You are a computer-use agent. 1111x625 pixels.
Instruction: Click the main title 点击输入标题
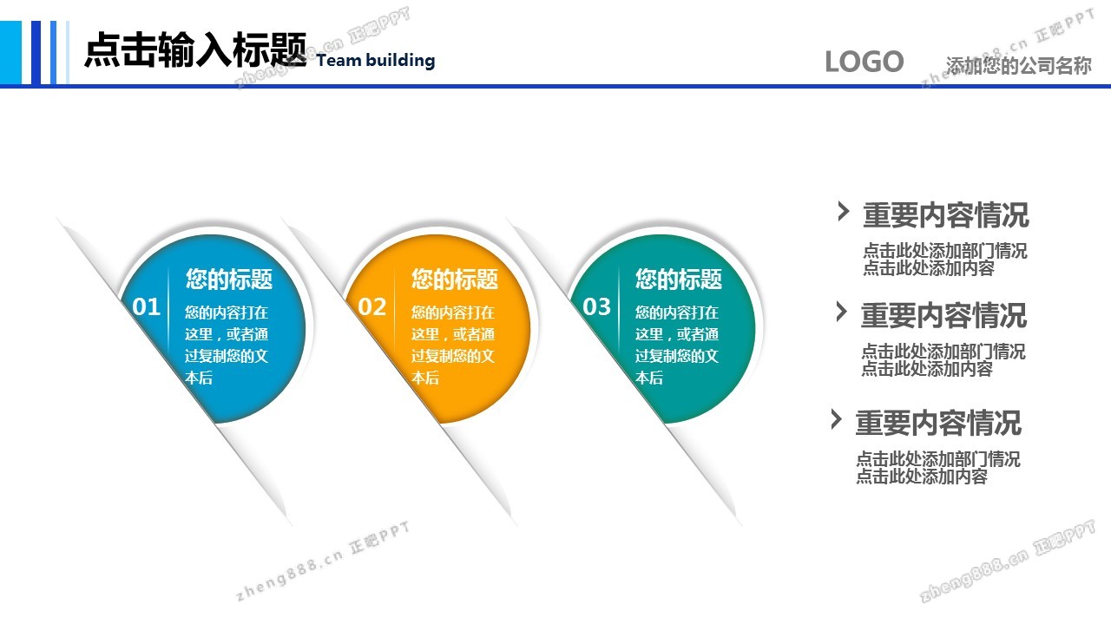195,49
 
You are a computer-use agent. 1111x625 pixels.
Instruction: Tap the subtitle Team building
376,61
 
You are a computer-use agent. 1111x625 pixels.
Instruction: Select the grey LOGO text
864,62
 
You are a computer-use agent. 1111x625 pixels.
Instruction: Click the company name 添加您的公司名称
1019,65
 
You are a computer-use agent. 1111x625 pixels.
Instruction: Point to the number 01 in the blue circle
147,307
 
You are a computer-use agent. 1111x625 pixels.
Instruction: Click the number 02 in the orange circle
372,307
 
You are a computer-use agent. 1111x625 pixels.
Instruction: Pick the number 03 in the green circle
596,307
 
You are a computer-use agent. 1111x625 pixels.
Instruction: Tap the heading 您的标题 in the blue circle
229,279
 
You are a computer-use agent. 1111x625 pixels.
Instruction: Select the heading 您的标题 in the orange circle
454,279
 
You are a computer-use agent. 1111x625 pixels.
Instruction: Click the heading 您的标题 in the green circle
679,279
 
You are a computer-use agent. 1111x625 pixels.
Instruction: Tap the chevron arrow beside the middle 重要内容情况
841,312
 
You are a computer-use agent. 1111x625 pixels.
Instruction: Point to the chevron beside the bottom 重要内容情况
836,419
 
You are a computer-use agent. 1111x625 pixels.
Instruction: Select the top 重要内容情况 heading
946,215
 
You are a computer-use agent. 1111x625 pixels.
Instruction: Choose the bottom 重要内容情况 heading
938,423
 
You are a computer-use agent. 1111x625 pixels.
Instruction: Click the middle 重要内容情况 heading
943,315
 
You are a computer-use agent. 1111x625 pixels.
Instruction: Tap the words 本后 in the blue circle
199,378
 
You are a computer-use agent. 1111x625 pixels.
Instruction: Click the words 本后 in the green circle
649,378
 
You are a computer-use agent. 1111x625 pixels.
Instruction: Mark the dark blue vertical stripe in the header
36,53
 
